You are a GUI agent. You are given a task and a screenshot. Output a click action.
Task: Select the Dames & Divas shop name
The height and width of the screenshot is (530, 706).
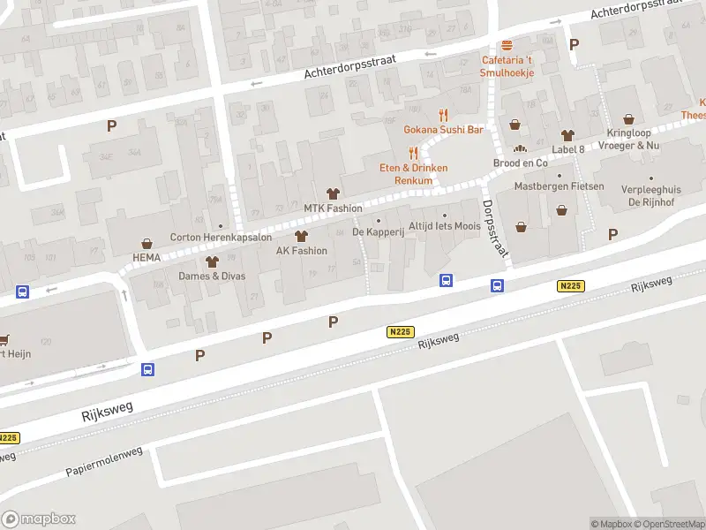coord(212,276)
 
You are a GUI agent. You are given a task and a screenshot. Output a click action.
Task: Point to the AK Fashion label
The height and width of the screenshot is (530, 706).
coord(302,250)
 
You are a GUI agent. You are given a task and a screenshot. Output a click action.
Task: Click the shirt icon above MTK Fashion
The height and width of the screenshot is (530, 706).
coord(333,194)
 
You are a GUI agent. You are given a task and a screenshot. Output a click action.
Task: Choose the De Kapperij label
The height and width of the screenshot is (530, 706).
coord(378,231)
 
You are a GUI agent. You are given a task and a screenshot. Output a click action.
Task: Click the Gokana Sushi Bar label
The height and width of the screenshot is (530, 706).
coord(443,129)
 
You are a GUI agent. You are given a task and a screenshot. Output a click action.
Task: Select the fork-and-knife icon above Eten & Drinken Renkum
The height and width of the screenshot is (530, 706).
coord(413,152)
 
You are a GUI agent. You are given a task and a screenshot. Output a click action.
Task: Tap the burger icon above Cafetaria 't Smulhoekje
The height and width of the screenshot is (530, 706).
coord(507,46)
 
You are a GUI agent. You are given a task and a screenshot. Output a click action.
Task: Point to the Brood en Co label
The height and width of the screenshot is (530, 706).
coord(520,163)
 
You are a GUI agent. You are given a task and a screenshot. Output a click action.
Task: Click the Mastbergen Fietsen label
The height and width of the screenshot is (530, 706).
coord(560,186)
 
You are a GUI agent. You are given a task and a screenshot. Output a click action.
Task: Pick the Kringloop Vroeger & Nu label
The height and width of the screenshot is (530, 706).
coord(628,139)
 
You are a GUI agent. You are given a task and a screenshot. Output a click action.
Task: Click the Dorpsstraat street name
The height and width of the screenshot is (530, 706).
coord(496,227)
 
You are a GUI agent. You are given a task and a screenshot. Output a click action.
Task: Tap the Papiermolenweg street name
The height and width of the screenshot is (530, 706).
coord(104,462)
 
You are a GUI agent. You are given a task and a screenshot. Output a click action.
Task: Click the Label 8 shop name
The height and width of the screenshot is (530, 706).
coord(567,148)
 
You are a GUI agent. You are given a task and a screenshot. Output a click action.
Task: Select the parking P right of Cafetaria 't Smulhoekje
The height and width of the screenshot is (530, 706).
coord(575,44)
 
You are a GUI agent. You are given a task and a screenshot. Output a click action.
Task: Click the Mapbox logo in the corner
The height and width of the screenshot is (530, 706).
coord(39,519)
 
